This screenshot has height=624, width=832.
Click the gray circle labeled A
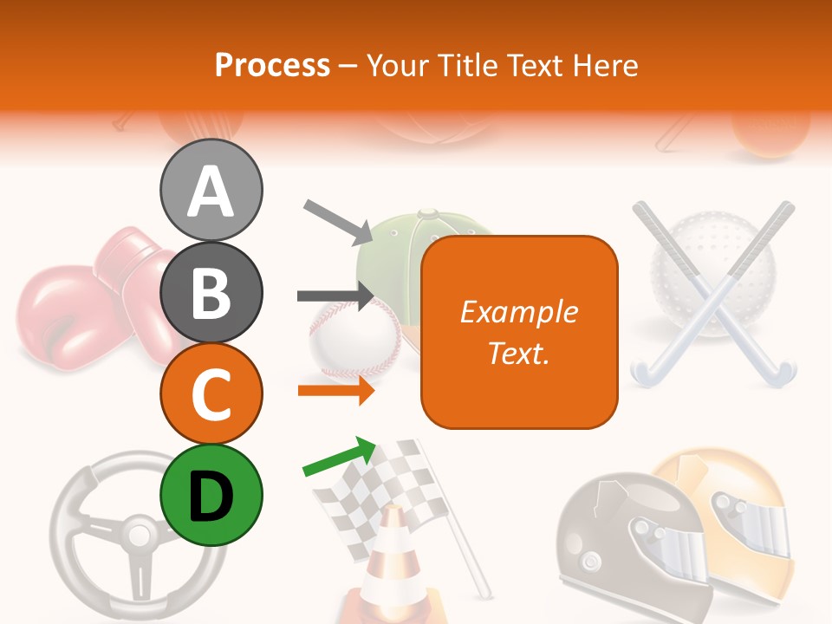(x=211, y=191)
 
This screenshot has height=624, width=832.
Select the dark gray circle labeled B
(x=211, y=293)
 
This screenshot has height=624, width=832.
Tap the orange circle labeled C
(x=211, y=394)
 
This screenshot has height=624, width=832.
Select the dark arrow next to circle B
(x=336, y=296)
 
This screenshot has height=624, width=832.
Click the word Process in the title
(x=272, y=65)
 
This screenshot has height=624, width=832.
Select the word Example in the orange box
(x=518, y=312)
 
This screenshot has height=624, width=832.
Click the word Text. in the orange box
(x=518, y=354)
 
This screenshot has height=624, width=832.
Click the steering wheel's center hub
(x=136, y=529)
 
